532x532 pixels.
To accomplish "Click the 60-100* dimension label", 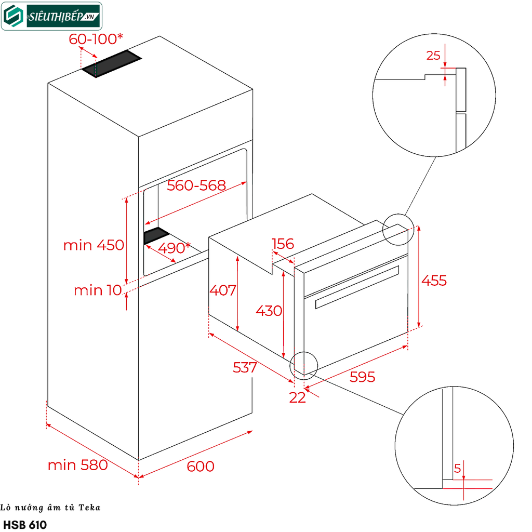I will (96, 38).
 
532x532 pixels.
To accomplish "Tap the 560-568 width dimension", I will (196, 185).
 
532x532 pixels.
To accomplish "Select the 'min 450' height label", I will (94, 245).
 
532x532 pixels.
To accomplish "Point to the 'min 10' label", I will (97, 290).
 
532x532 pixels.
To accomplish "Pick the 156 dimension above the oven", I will (283, 244).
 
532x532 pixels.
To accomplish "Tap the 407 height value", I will (223, 290).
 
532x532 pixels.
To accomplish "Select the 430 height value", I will (269, 311).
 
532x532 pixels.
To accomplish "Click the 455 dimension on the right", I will (434, 281).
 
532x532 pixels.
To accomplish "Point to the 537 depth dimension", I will (245, 368).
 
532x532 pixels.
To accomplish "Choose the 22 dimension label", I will (298, 397).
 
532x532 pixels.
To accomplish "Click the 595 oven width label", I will (362, 377).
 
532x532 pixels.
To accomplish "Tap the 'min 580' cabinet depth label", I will (78, 464).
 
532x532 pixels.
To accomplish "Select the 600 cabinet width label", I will (201, 467).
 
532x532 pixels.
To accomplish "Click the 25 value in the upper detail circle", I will (433, 56).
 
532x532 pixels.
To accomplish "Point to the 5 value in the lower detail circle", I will (457, 468).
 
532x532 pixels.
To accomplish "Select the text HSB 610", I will (25, 525).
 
